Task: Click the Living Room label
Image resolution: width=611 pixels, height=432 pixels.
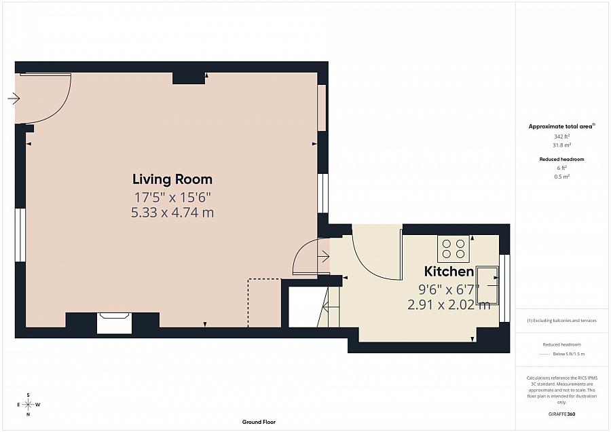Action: (172, 179)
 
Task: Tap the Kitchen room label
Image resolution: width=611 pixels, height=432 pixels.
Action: (449, 271)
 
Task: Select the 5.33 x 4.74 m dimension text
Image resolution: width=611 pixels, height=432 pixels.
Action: (172, 213)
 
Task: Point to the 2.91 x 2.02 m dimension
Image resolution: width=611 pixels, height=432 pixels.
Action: (449, 304)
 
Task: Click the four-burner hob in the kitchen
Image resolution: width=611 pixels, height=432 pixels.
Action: (453, 249)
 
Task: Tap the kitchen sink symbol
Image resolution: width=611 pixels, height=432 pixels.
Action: (486, 285)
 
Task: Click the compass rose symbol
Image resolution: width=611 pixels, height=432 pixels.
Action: (29, 404)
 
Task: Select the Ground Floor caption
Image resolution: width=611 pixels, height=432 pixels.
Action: (259, 422)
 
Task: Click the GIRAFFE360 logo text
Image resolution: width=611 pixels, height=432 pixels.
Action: (561, 414)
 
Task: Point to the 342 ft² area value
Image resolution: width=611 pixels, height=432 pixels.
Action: (561, 137)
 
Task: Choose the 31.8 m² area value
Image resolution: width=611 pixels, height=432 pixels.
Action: (561, 145)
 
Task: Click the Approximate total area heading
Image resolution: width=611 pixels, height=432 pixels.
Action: (561, 126)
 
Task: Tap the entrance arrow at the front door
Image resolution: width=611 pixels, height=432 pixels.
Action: (14, 98)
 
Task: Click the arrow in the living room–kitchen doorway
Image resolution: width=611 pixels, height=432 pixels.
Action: (324, 256)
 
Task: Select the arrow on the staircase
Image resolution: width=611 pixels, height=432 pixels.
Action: (331, 307)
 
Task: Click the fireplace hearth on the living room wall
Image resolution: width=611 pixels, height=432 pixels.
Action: (114, 323)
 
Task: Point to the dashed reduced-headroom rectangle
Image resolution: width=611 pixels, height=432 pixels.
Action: (264, 302)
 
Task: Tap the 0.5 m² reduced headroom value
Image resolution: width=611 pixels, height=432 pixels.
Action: (561, 176)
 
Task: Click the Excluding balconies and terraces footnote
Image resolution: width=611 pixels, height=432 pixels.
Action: (561, 321)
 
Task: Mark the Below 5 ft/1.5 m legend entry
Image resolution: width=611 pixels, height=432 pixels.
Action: (568, 354)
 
